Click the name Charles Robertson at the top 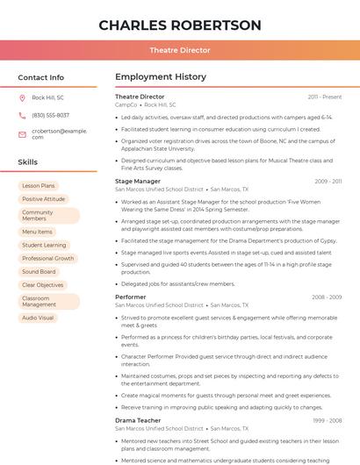[x=180, y=25]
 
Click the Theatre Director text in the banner [x=180, y=50]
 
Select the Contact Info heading [x=40, y=77]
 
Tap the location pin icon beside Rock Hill [x=22, y=97]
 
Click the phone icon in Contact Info [x=22, y=115]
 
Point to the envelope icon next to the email [x=22, y=133]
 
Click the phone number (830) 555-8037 [x=50, y=115]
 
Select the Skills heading [x=27, y=161]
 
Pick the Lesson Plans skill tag [x=39, y=186]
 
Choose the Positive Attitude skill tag [x=44, y=199]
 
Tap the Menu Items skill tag [x=38, y=232]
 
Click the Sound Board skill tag [x=39, y=272]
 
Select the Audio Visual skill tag [x=38, y=318]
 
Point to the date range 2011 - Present [x=325, y=97]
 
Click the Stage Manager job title [x=138, y=181]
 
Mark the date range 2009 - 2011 [x=328, y=182]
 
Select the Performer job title [x=131, y=297]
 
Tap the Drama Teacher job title [x=138, y=420]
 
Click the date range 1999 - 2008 [x=327, y=421]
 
